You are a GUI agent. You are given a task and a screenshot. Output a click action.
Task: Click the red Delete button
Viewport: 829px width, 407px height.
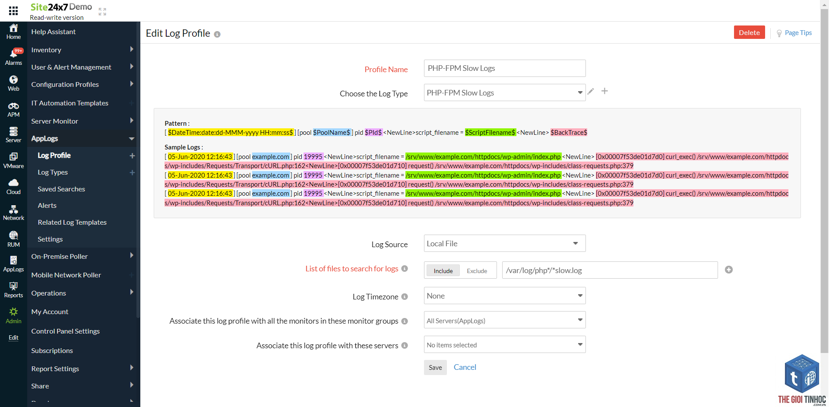(x=749, y=32)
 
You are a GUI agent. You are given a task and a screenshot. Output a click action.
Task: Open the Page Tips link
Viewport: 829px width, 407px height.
(x=798, y=33)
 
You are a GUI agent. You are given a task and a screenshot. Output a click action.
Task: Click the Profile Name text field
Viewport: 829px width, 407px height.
(x=505, y=68)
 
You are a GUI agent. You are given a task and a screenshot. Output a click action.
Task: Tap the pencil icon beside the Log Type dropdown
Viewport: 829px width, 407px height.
(x=591, y=91)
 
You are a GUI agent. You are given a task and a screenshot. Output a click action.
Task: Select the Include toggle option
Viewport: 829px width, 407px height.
(x=443, y=271)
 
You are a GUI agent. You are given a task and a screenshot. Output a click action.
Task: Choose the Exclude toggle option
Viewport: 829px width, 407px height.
(x=477, y=271)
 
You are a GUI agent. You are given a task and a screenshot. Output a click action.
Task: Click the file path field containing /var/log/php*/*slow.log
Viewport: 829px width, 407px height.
(x=610, y=270)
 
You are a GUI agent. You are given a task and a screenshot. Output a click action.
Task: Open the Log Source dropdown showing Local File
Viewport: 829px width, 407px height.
(x=505, y=243)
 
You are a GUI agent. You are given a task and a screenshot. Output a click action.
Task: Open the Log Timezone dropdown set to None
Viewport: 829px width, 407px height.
(x=505, y=296)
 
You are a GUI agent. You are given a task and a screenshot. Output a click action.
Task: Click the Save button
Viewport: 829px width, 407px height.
(x=435, y=367)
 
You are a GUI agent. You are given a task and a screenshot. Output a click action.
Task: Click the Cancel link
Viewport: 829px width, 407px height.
(x=465, y=367)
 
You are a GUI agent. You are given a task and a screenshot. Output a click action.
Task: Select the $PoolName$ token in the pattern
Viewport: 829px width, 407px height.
(x=332, y=133)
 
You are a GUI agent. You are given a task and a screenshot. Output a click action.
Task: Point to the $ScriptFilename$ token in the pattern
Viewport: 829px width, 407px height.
(x=490, y=133)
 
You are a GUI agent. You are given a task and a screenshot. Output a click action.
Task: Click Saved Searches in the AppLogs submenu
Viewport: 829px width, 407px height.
(x=61, y=189)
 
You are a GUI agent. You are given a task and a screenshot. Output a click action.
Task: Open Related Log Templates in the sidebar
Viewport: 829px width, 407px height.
(x=72, y=222)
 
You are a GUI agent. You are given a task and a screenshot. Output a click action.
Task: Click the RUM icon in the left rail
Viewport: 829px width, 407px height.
(x=14, y=238)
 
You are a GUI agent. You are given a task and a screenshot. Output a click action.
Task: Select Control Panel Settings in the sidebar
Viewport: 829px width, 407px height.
(x=66, y=331)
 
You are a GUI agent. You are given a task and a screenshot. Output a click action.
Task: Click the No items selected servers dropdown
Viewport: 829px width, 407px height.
(x=505, y=345)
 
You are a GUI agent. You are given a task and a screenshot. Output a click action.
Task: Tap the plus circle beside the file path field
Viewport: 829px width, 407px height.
(x=729, y=270)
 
